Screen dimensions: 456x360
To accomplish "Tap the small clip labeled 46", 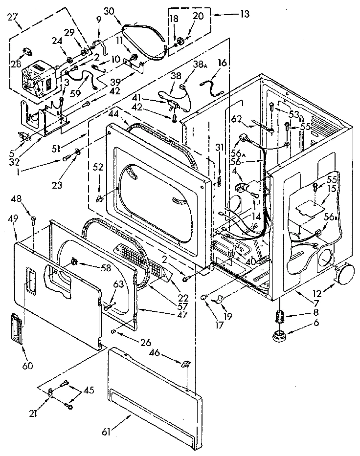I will coord(185,364).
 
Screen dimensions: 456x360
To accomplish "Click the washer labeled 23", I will coord(77,151).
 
